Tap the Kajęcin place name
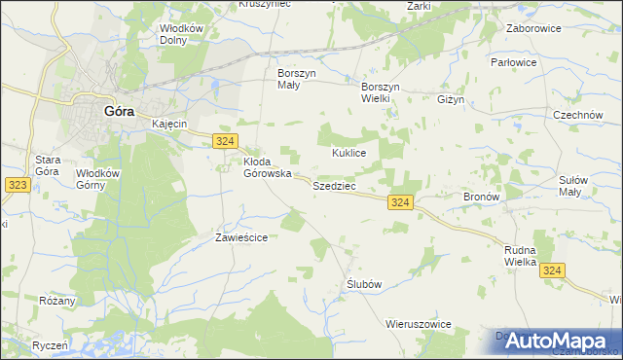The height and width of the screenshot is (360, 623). (169, 125)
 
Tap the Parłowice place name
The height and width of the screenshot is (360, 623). (541, 62)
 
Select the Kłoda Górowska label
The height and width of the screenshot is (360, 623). (267, 167)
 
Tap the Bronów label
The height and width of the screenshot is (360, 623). (481, 197)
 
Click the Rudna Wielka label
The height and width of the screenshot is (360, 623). (521, 256)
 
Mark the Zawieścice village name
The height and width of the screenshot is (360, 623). (241, 236)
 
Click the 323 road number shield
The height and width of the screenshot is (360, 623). (16, 183)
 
